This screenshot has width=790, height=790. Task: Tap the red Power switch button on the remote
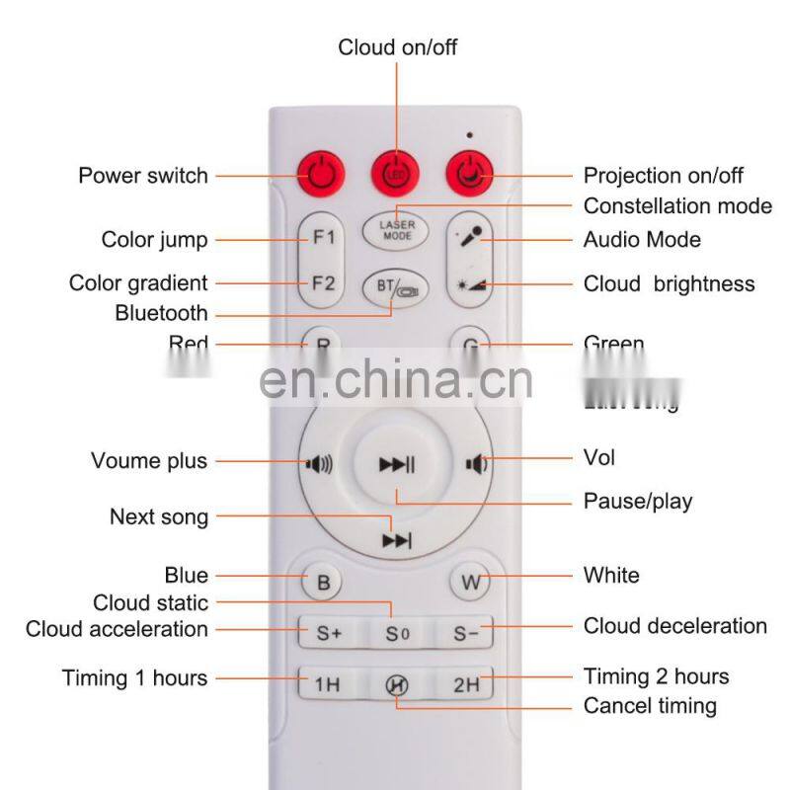(x=321, y=176)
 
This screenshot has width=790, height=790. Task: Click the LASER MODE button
(x=397, y=230)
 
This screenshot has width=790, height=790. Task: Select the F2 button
(x=323, y=282)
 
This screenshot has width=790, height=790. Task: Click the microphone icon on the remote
(x=471, y=238)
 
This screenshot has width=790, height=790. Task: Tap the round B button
(x=323, y=582)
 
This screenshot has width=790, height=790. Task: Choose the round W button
(x=470, y=582)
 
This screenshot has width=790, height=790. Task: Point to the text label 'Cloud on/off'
(x=397, y=47)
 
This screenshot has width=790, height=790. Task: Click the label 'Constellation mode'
(x=677, y=206)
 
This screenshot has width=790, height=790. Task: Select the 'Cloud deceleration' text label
(x=674, y=626)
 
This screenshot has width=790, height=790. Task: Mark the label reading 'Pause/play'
(x=637, y=502)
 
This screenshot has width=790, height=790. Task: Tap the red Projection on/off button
(x=470, y=176)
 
